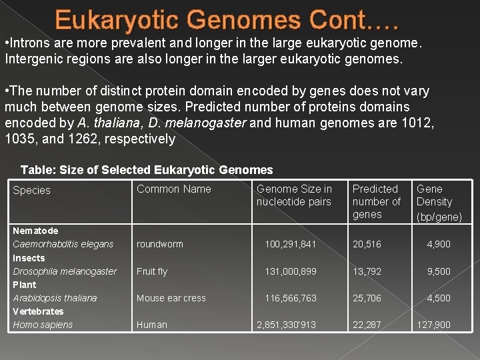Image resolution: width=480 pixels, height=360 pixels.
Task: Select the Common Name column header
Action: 173,189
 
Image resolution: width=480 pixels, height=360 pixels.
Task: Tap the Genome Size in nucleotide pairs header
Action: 294,195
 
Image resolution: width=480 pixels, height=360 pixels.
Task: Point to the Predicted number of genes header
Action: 376,201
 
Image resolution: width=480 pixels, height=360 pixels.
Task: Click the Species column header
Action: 31,191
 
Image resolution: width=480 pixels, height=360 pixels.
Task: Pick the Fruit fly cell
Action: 152,271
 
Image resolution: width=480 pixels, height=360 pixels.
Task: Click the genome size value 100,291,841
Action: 291,245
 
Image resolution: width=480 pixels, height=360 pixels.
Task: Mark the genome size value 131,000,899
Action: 291,271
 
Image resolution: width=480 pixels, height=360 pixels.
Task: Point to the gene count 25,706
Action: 367,298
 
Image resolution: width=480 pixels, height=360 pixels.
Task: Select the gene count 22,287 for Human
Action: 367,325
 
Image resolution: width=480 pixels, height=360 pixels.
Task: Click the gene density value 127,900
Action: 433,325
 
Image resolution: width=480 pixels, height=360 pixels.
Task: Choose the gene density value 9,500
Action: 439,271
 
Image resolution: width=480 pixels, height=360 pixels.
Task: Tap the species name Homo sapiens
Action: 43,325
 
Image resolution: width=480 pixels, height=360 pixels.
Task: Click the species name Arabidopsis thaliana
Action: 55,298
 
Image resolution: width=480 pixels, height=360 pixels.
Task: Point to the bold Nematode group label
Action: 35,231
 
